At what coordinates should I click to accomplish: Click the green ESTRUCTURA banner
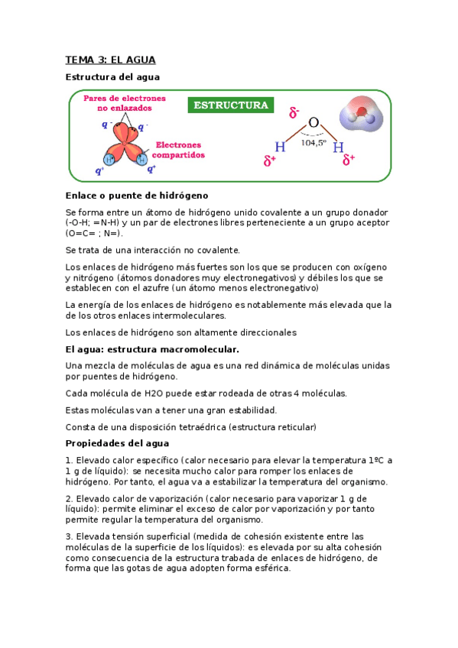click(x=231, y=105)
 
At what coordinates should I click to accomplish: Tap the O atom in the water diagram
click(x=313, y=122)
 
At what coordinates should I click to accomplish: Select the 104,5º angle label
click(x=313, y=141)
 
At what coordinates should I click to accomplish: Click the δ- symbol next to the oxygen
click(x=294, y=113)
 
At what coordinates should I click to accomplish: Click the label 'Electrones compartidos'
click(x=180, y=149)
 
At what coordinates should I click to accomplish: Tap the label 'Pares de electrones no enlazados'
click(x=125, y=104)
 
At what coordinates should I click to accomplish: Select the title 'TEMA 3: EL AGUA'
click(x=110, y=60)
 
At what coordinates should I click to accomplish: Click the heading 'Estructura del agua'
click(x=112, y=76)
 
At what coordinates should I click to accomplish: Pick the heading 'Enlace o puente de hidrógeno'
click(x=137, y=196)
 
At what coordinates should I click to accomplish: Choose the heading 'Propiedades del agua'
click(x=117, y=443)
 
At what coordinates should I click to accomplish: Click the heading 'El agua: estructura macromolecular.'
click(x=152, y=349)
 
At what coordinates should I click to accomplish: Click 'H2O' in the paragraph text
click(x=155, y=394)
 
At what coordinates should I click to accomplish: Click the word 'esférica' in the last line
click(x=271, y=569)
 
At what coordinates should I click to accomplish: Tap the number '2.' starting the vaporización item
click(x=70, y=497)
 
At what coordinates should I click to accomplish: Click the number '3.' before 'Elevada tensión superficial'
click(x=70, y=536)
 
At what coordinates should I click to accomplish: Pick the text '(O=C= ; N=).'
click(x=94, y=233)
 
